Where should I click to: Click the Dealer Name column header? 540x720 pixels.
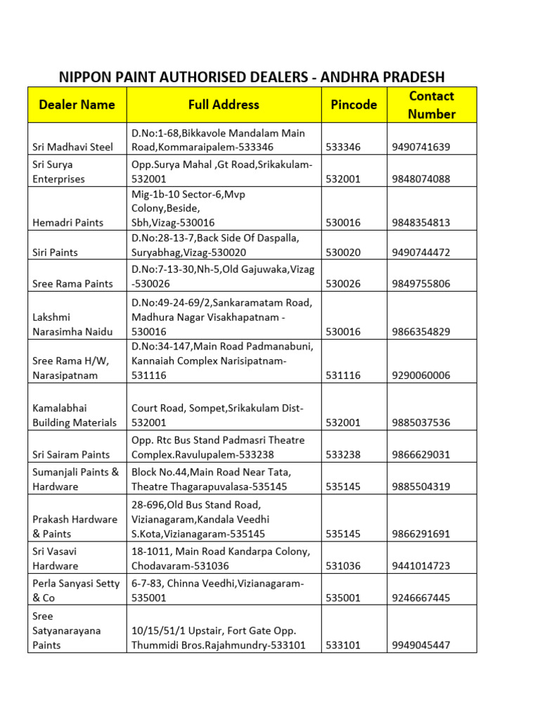77,105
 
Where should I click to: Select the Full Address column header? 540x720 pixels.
224,105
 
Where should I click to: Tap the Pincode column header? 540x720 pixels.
354,105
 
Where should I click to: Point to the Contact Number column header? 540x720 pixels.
432,105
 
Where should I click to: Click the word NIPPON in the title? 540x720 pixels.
89,77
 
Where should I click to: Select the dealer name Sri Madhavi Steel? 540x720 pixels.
72,147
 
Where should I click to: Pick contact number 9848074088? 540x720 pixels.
421,179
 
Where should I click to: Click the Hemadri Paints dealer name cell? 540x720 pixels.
68,222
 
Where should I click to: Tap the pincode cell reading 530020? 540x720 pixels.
343,252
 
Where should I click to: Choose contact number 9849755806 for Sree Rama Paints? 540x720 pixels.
421,283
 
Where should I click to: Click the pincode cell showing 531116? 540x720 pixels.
343,375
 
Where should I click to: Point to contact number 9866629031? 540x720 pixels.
421,454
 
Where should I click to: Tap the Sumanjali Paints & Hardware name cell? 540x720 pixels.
76,479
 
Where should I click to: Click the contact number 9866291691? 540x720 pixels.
421,534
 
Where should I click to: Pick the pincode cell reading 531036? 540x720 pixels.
343,565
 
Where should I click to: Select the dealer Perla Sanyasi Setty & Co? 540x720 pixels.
76,591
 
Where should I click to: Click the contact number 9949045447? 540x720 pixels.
421,645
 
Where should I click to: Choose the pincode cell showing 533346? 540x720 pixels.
343,147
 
